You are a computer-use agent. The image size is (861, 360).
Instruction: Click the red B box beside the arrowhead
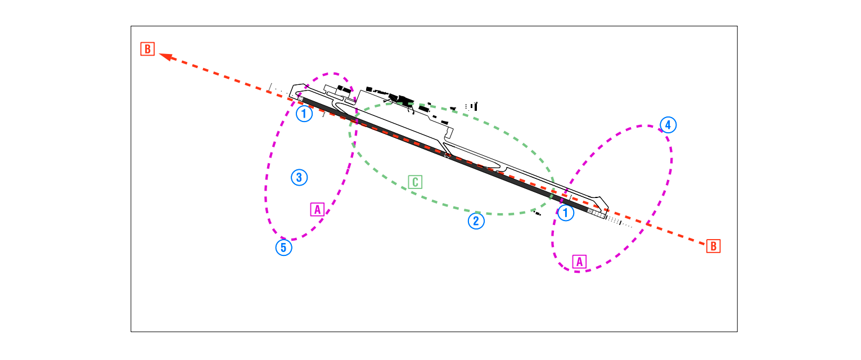(x=147, y=49)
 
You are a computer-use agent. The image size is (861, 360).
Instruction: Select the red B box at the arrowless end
(x=714, y=246)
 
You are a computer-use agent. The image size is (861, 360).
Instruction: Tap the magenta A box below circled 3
(x=318, y=210)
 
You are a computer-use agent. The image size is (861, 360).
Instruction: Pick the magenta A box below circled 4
(x=580, y=262)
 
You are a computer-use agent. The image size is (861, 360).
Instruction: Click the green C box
(x=415, y=182)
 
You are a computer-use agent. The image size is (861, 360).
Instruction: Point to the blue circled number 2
(x=476, y=221)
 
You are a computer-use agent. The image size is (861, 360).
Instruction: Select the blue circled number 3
(x=299, y=177)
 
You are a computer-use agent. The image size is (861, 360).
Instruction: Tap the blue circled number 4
(x=669, y=125)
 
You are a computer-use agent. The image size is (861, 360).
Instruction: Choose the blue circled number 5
(x=284, y=247)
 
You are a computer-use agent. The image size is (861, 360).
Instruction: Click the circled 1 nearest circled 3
(x=304, y=114)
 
